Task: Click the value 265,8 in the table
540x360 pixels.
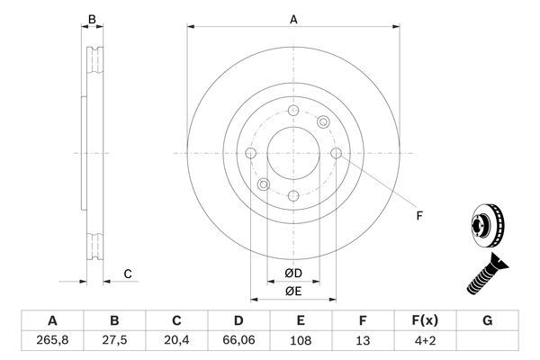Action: tap(51, 341)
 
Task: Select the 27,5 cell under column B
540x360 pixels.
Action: tap(114, 341)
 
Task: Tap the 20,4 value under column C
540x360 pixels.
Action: tap(177, 341)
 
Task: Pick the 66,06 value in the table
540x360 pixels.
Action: tap(239, 341)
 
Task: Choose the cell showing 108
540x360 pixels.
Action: tap(301, 341)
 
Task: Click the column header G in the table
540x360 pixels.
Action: tap(488, 319)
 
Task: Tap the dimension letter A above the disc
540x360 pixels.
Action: tap(292, 18)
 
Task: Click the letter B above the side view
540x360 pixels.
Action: tap(89, 18)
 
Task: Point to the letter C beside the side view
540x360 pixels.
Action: tap(128, 273)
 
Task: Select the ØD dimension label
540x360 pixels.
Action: tap(292, 273)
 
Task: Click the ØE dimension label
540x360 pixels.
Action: tap(292, 290)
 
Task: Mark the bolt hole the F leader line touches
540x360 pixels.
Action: tap(336, 154)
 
